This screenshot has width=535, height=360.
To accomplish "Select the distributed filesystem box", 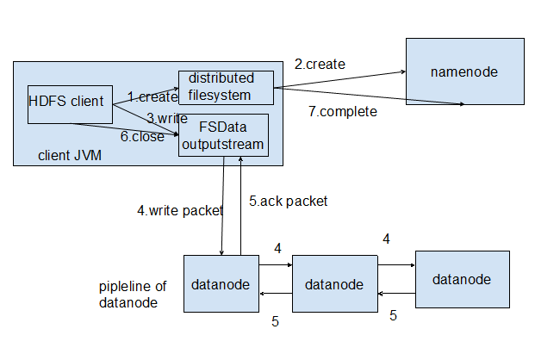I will (x=226, y=87).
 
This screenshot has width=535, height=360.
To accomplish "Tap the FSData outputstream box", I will (x=223, y=135).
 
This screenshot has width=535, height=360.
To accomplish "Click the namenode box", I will (x=464, y=71).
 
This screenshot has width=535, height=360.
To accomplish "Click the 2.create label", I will (x=320, y=64).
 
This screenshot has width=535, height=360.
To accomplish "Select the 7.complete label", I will (x=342, y=111).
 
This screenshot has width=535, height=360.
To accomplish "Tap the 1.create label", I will (x=152, y=96).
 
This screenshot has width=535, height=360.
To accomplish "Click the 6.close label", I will (x=142, y=136).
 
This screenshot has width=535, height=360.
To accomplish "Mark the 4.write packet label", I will (x=180, y=209).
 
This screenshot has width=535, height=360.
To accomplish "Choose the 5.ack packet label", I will (x=289, y=201).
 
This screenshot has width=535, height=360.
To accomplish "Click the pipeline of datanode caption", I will (x=134, y=294).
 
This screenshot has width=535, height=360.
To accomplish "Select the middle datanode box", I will (x=334, y=283).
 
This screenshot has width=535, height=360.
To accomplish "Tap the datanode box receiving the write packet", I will (x=221, y=283).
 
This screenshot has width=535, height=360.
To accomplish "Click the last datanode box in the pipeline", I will (x=462, y=279).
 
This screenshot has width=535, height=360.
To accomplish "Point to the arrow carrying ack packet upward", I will (x=240, y=207).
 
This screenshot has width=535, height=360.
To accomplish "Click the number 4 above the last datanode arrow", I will (x=387, y=239).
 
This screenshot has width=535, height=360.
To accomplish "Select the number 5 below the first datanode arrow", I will (x=275, y=322).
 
